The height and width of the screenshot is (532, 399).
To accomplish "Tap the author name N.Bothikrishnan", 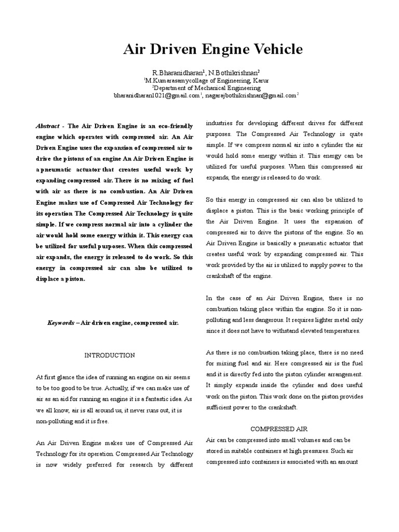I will coord(226,72).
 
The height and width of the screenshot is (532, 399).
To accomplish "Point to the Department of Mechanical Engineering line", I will coord(199,88).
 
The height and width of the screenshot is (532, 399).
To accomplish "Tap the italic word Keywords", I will coord(60,323).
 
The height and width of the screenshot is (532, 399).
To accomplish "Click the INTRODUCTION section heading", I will coord(109,355).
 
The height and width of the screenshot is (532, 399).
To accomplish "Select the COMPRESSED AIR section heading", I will coord(280,429).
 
